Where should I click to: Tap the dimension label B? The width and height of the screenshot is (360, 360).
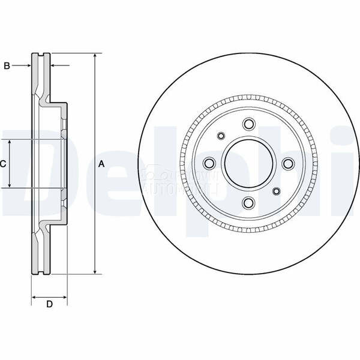click(7, 66)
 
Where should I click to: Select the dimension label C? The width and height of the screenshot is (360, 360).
click(3, 163)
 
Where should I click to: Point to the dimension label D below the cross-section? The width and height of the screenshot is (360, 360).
click(50, 305)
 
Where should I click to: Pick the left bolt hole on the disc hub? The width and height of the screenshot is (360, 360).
click(209, 163)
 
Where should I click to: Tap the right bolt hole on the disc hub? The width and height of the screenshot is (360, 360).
click(288, 163)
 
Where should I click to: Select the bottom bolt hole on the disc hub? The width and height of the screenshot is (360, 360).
click(248, 203)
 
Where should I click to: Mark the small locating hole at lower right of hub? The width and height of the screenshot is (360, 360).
click(277, 191)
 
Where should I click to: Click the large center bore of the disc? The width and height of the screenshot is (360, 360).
click(248, 163)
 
